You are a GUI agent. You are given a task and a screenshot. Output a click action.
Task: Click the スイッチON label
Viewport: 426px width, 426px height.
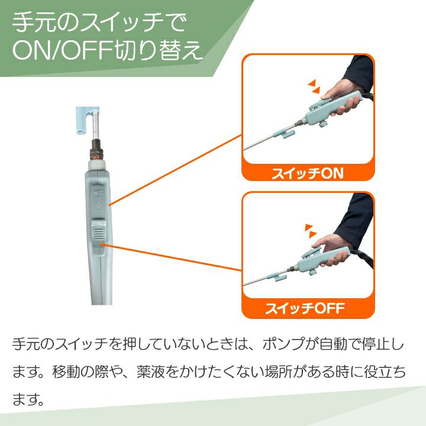(308, 173)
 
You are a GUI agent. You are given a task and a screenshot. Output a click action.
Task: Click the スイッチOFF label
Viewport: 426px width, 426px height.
(305, 308)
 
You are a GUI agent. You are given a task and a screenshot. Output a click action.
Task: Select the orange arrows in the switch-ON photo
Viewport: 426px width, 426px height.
(314, 86)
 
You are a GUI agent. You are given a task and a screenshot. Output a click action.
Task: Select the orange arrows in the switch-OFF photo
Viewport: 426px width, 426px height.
(311, 231)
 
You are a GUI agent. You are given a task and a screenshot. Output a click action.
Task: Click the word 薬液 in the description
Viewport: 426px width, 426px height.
(150, 372)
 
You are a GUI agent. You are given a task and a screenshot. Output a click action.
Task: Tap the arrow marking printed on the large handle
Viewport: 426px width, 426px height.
(98, 201)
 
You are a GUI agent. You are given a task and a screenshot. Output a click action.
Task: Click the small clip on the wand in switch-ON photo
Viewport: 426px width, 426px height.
(285, 133)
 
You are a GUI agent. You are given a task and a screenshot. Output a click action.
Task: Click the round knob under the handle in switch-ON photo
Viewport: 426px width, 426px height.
(323, 124)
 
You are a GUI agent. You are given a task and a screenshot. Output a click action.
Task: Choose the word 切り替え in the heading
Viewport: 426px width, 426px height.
(159, 50)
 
